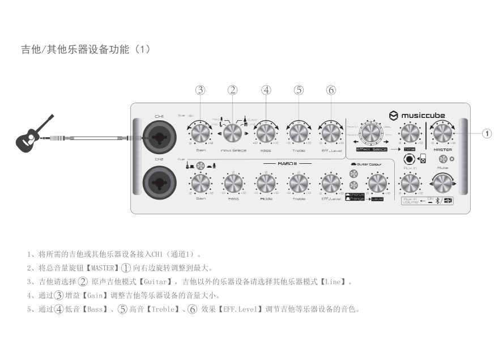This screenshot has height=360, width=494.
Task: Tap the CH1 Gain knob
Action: (201, 133)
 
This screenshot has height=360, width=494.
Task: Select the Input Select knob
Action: (232, 133)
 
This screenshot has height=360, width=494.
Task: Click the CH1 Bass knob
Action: (265, 133)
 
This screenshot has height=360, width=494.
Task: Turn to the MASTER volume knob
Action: (442, 133)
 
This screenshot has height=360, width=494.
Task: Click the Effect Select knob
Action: (372, 133)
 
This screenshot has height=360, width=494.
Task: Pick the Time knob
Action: (410, 133)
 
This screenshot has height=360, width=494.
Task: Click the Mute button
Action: (443, 159)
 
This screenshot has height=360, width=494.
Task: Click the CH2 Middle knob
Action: (266, 183)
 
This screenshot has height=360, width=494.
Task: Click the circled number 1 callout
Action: (486, 133)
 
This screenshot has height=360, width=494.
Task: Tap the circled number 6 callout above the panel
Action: (331, 90)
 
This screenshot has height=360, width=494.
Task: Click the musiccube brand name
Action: (423, 115)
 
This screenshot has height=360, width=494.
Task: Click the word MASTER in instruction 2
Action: (103, 268)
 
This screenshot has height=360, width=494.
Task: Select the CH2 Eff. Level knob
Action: (331, 183)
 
